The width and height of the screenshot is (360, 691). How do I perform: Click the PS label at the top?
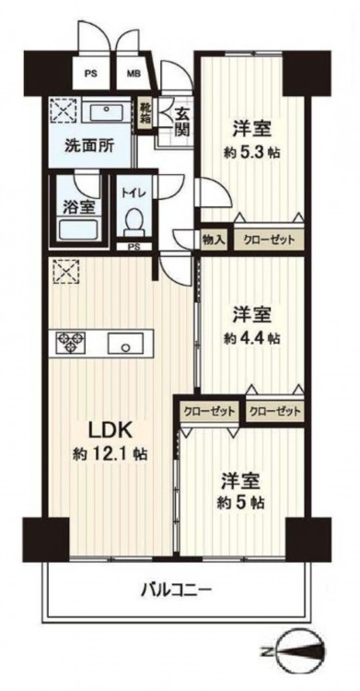coord(91,73)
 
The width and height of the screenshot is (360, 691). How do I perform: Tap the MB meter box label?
coord(134,73)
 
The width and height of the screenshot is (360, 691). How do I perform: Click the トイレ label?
coord(134,193)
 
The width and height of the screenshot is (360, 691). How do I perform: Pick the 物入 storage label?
coord(214,240)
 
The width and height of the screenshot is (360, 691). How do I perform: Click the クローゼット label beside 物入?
coord(269,240)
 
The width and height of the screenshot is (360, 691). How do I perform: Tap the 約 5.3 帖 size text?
coord(251,152)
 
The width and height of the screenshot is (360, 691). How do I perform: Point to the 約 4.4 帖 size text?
coord(251,337)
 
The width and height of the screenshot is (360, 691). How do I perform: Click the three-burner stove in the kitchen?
coord(70,342)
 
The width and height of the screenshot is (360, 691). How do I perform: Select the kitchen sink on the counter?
coord(125,343)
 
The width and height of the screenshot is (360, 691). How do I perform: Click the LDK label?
coord(110,430)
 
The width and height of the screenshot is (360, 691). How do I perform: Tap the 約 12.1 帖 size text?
coord(110,453)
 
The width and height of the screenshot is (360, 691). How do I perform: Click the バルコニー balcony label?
coord(176,589)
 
